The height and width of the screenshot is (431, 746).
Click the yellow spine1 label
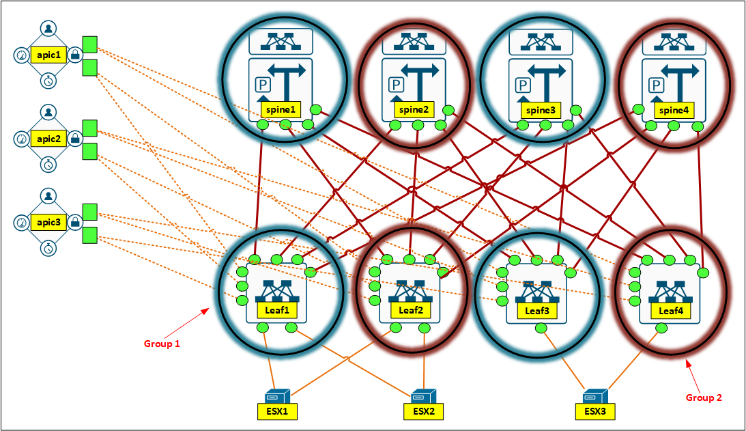click(x=279, y=109)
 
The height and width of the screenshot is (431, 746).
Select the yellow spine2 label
click(x=414, y=109)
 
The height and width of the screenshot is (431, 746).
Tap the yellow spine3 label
click(x=539, y=109)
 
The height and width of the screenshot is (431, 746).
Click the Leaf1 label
click(x=278, y=309)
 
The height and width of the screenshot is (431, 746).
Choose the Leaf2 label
click(x=411, y=309)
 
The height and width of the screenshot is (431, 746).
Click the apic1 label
click(x=48, y=55)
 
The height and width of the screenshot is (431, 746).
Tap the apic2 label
click(x=48, y=139)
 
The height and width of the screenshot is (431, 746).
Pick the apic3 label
click(x=48, y=223)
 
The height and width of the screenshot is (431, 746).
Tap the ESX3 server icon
click(x=595, y=395)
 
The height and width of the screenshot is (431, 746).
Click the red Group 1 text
click(x=162, y=344)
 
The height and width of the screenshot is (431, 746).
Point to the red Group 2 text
click(x=704, y=397)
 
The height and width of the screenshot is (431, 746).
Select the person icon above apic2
click(x=48, y=112)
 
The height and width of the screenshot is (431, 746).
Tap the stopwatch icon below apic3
click(x=48, y=249)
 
